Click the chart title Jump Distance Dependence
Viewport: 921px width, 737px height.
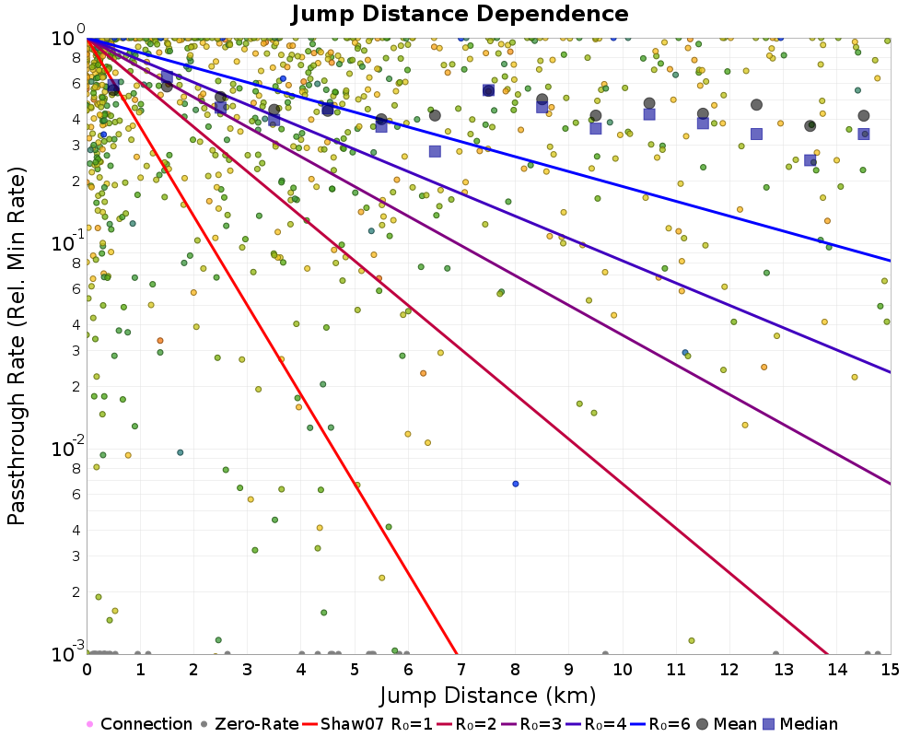(x=460, y=15)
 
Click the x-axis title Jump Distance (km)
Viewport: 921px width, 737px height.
(x=488, y=694)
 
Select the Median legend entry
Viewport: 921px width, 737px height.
(x=799, y=724)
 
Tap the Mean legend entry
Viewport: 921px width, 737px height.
(x=729, y=724)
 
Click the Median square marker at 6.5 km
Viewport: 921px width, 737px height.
(x=435, y=151)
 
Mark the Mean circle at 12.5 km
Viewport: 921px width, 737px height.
(x=756, y=105)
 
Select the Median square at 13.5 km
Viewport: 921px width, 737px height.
(x=810, y=160)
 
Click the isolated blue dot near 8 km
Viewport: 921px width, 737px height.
(x=516, y=484)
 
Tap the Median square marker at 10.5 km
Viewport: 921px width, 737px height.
(x=649, y=114)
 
